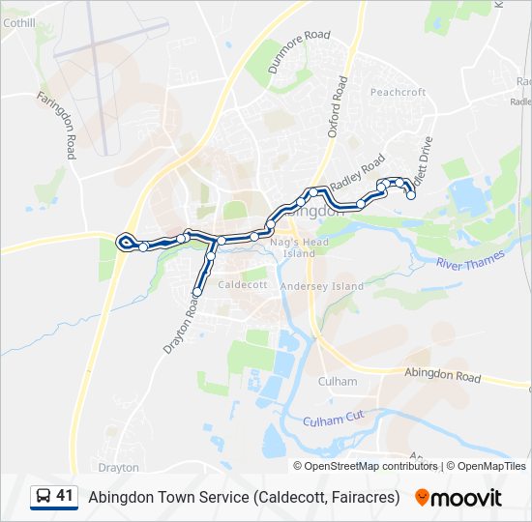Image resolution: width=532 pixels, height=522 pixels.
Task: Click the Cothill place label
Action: (x=18, y=22)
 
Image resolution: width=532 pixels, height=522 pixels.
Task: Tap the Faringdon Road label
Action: (x=56, y=125)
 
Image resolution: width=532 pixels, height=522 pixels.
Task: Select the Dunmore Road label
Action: (x=300, y=49)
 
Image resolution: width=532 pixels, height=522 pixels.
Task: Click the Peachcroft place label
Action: (x=398, y=92)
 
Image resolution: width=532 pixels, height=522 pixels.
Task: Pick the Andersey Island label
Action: (x=321, y=286)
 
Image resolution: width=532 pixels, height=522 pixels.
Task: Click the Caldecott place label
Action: (x=243, y=285)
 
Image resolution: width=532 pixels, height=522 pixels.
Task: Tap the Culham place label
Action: (x=338, y=381)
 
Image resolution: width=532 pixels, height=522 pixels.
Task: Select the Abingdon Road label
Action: (x=442, y=375)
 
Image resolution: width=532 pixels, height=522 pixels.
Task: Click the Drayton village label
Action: (x=119, y=467)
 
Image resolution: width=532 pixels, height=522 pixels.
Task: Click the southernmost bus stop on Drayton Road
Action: (x=197, y=292)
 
